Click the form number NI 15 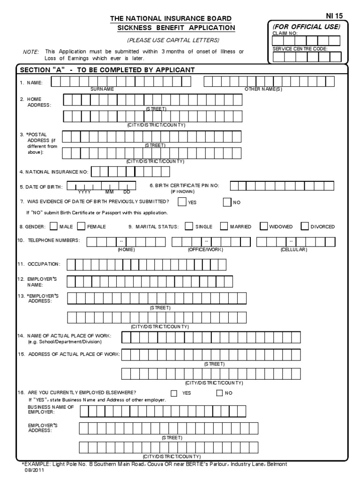point(334,15)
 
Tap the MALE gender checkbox point(53,226)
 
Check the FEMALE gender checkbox point(81,226)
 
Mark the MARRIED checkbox point(224,226)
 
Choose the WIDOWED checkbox point(263,226)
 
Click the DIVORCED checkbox point(305,226)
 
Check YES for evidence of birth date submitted point(181,202)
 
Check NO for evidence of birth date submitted point(227,202)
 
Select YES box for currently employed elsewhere point(174,393)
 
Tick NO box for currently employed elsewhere point(219,393)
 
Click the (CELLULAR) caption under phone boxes point(293,249)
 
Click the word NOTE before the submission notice point(31,52)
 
